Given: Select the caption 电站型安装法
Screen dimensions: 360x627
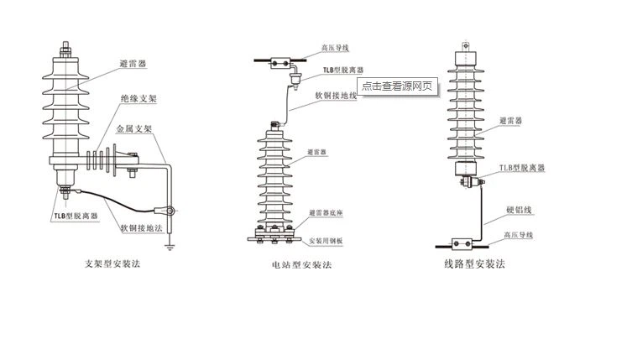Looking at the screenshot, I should (x=301, y=264).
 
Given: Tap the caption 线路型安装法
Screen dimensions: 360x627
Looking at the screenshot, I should (x=474, y=263).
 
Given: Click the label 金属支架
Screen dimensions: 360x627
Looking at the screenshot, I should (x=134, y=129).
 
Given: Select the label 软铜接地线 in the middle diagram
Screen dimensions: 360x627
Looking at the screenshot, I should (x=336, y=96).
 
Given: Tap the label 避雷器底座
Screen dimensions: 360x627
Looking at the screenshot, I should (x=329, y=213).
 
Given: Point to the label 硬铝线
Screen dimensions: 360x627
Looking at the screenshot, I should (x=520, y=210).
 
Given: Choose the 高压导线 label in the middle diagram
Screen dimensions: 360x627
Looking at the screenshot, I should (x=335, y=49).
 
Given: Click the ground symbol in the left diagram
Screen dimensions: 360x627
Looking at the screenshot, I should (x=171, y=245).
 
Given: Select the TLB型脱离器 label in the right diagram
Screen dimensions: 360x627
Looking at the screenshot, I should (x=522, y=168).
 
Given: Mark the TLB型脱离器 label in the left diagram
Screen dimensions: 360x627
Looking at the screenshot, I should (x=76, y=216).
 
